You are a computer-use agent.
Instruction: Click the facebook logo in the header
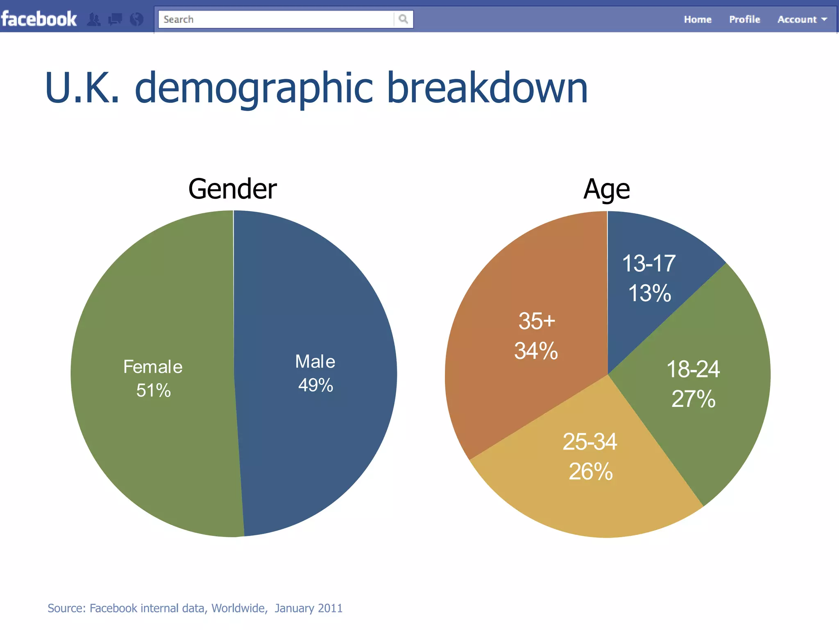[x=39, y=19]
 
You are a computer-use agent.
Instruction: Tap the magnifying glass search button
[x=403, y=19]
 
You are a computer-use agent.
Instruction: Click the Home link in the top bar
[x=697, y=20]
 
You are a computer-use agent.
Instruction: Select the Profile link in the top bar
[x=744, y=20]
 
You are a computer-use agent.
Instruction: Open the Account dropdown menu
[x=802, y=20]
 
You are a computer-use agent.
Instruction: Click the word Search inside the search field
[x=178, y=20]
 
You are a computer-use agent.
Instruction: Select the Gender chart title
[x=232, y=189]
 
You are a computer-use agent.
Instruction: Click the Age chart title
[x=606, y=189]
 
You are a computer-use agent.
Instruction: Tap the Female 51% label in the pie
[x=153, y=378]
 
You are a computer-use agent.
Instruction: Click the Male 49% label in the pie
[x=315, y=373]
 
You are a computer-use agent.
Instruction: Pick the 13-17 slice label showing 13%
[x=649, y=278]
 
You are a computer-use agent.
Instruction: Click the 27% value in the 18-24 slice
[x=693, y=399]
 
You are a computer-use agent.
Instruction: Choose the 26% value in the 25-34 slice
[x=590, y=472]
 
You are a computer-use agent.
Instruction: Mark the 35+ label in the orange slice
[x=537, y=321]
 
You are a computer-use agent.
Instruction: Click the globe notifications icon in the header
[x=136, y=19]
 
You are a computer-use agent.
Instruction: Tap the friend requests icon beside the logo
[x=94, y=19]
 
